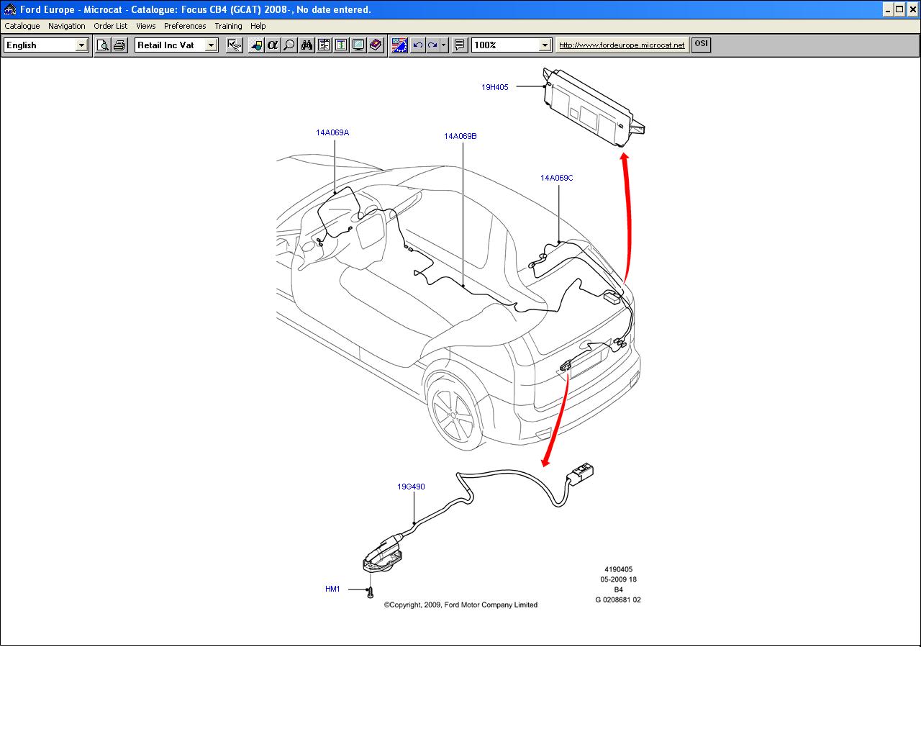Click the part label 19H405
tap(495, 87)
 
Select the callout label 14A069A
tap(332, 132)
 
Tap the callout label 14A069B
tap(460, 136)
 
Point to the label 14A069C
tap(557, 178)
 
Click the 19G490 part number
tap(411, 487)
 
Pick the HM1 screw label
tap(332, 589)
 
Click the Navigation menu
tap(66, 26)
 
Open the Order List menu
tap(110, 26)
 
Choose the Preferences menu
tap(185, 26)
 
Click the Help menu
tap(258, 26)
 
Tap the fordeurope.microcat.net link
tap(622, 45)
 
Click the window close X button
tap(912, 9)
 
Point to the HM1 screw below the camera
tap(370, 592)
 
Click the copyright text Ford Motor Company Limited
tap(460, 605)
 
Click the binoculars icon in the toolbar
tap(307, 45)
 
